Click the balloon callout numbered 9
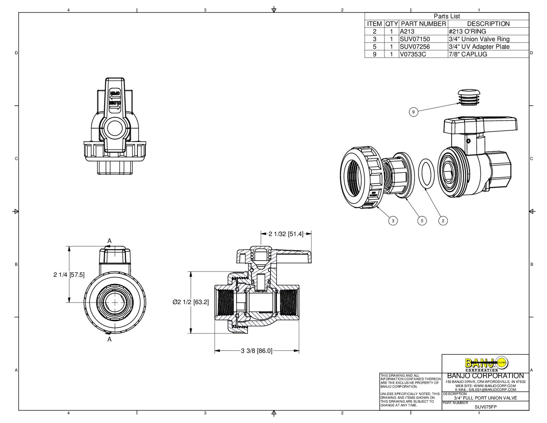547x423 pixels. tap(413, 112)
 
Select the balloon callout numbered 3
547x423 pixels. tap(393, 221)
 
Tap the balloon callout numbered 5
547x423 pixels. tap(422, 221)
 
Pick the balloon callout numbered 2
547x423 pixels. tap(443, 221)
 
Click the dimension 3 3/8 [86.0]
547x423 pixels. tap(257, 351)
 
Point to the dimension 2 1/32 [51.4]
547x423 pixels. tap(286, 234)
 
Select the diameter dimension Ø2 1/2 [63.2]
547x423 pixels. tap(190, 302)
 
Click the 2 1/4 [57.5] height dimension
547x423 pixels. tap(69, 275)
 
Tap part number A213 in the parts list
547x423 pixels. tap(407, 31)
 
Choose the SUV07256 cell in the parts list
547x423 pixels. tap(415, 47)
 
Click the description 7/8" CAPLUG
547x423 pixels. tap(468, 54)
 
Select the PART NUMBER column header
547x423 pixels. tap(423, 24)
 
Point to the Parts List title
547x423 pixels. tap(447, 16)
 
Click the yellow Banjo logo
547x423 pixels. tap(486, 364)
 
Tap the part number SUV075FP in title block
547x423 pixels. tap(485, 407)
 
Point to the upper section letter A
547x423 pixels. tap(109, 241)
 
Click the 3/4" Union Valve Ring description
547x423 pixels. tap(479, 39)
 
